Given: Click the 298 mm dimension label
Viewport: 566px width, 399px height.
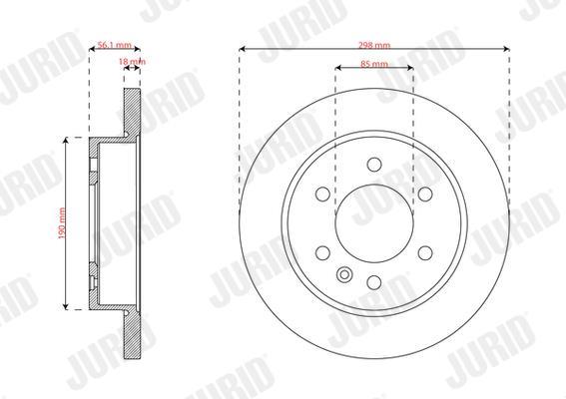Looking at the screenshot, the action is tap(374, 45).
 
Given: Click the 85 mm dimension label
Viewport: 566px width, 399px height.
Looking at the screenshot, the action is tap(374, 64).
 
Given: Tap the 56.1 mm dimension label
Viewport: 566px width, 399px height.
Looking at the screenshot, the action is tap(115, 45).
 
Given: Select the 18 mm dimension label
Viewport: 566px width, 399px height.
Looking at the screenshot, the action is tap(132, 61).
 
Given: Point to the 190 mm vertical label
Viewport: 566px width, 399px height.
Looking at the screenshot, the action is tap(62, 223).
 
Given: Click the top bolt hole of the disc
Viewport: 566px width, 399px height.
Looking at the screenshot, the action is tap(374, 165).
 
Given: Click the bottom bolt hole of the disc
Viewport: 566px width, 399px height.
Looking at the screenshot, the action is tap(374, 282).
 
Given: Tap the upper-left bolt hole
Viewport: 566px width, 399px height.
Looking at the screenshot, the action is tap(323, 194).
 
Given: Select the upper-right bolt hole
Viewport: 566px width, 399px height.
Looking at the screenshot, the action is tap(425, 194).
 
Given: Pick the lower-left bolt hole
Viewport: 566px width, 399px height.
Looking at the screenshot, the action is tap(323, 253).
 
